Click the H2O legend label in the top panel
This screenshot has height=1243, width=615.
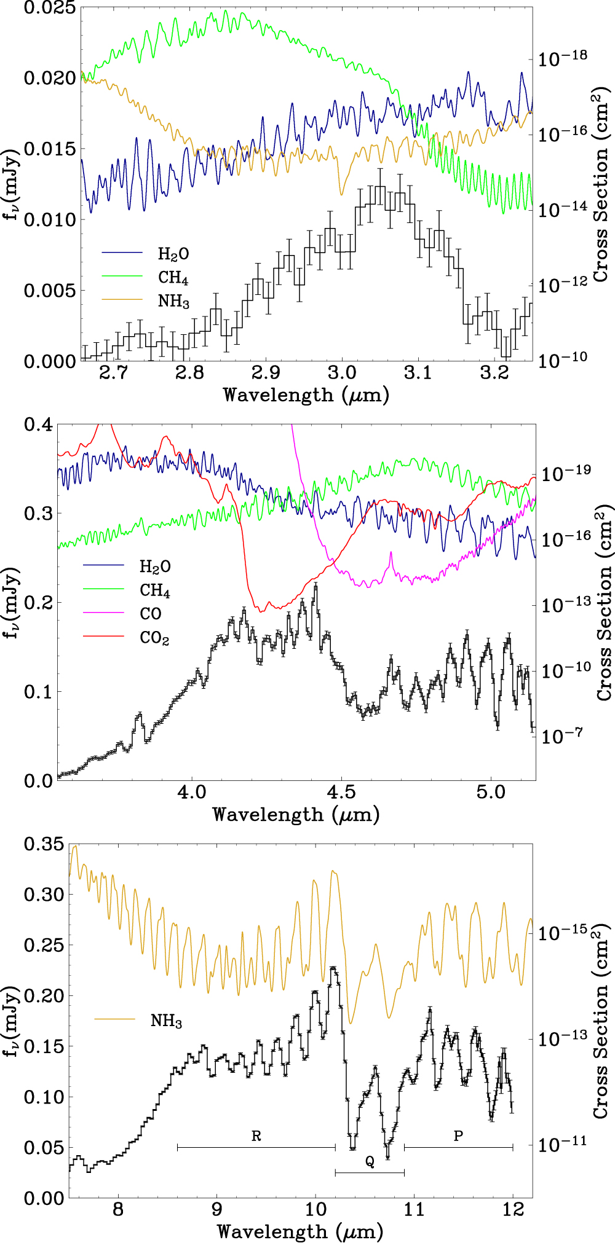(x=173, y=254)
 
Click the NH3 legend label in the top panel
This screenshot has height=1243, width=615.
(x=173, y=302)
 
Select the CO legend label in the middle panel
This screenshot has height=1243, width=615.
(x=151, y=614)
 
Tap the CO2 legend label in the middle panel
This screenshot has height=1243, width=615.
(x=154, y=638)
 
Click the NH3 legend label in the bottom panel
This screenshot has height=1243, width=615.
(x=166, y=1021)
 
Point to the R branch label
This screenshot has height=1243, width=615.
(x=256, y=1136)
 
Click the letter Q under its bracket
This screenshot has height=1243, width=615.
(x=370, y=1161)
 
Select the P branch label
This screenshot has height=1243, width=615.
(x=458, y=1136)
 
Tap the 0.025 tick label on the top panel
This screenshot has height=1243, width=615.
(x=49, y=8)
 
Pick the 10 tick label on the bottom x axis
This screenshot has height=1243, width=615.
(x=315, y=1210)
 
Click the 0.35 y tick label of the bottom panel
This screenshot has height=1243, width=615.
(x=44, y=844)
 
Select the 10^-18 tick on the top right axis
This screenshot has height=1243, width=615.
(x=563, y=58)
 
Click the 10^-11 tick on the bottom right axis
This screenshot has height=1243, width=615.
(x=563, y=1143)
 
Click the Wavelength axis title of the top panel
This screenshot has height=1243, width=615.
(x=306, y=395)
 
